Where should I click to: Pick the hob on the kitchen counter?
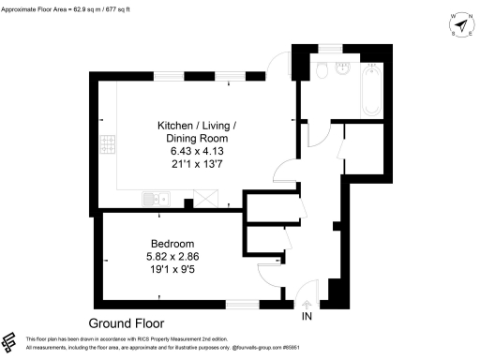(108, 143)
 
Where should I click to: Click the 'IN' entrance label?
(308, 316)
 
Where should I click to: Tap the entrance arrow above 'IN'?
(308, 302)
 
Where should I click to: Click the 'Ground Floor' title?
(127, 322)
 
